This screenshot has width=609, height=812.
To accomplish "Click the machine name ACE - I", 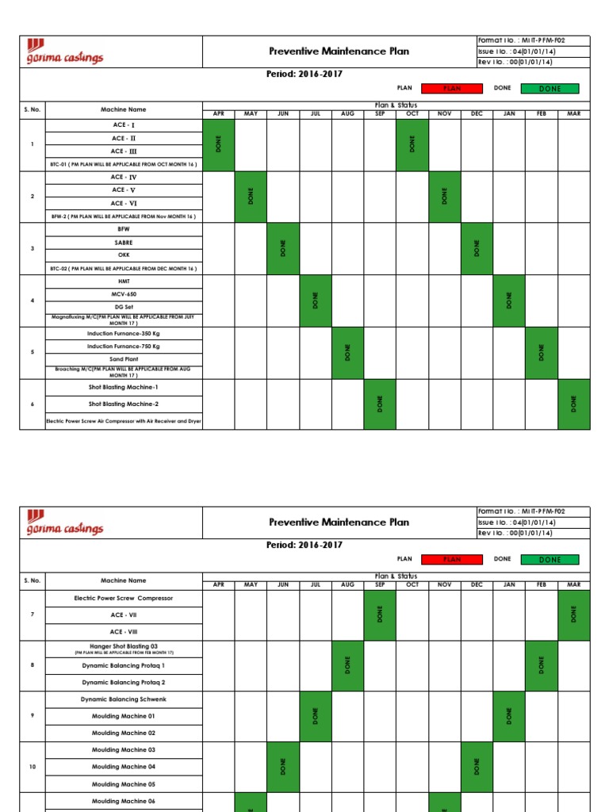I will coord(124,125).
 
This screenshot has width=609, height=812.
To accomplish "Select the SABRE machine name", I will coord(124,242).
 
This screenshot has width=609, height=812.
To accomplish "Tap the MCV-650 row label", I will coord(124,293).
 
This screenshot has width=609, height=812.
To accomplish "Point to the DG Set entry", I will coord(124,306).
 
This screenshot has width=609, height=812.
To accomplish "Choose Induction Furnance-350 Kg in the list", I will coord(124,333).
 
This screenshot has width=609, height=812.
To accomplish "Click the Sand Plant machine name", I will coord(124,358).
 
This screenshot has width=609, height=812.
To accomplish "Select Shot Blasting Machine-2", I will coord(124,404).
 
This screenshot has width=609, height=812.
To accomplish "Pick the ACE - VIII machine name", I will coord(124,632).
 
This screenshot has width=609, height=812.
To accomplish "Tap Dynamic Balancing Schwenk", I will coord(124,699).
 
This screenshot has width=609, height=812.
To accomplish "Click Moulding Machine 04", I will coord(124,767).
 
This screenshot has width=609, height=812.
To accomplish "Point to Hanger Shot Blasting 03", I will coord(124,647).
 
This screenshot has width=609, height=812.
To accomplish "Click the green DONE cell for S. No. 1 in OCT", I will coord(412,144).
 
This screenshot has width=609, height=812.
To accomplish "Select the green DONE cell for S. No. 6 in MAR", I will coord(574,404).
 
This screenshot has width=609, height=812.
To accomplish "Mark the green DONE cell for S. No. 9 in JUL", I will coord(316,716).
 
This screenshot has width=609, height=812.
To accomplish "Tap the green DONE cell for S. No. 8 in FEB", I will coord(542,665).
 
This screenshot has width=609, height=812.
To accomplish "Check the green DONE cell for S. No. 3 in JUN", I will coord(283,248).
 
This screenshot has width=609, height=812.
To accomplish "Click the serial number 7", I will coord(33,615).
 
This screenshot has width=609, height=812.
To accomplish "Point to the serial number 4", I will coord(33,301).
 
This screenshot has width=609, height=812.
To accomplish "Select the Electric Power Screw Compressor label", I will coord(124,598).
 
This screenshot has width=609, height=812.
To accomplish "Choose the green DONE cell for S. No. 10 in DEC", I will coord(477,767).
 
